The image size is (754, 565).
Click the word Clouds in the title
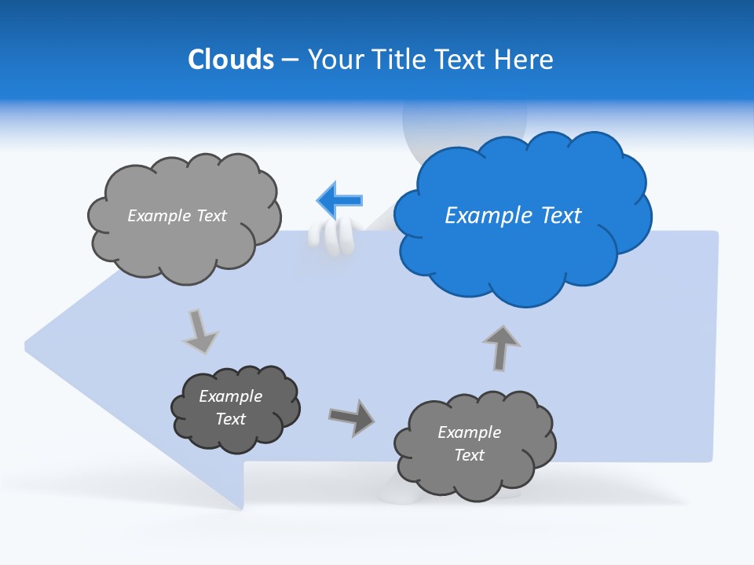(230, 59)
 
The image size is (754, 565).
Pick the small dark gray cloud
(235, 409)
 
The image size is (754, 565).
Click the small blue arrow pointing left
(340, 200)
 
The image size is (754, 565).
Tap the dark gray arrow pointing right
(351, 417)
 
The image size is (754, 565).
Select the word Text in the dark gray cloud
(231, 419)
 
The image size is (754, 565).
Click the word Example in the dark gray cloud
(230, 396)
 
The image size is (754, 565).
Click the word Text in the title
(466, 59)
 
